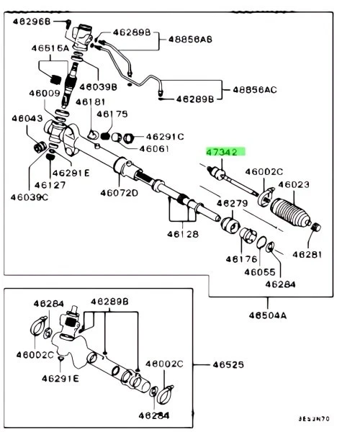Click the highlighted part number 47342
(223, 152)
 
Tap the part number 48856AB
(190, 41)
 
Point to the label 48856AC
(253, 90)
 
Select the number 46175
(112, 114)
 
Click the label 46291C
(165, 136)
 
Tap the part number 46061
(153, 149)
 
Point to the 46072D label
(120, 193)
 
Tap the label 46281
(310, 253)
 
